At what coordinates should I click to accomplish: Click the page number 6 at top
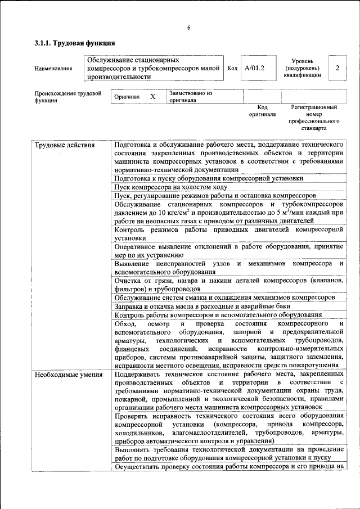[x=189, y=28]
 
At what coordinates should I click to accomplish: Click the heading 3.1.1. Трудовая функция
[x=75, y=43]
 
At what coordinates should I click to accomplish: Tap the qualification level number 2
[x=337, y=67]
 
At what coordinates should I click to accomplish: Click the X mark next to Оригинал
[x=152, y=97]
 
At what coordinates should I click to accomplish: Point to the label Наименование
[x=53, y=69]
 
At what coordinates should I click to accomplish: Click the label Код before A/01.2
[x=232, y=68]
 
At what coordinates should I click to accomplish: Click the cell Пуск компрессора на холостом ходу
[x=170, y=187]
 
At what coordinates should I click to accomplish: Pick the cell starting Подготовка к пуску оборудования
[x=208, y=178]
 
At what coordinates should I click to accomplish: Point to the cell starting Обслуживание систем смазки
[x=224, y=297]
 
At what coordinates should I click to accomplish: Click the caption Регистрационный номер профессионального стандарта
[x=314, y=117]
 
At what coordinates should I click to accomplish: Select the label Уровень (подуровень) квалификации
[x=302, y=67]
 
